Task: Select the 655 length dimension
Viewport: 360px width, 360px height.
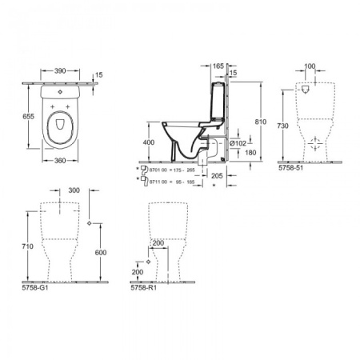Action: tap(27, 115)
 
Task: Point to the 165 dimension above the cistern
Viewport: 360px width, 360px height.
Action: tap(218, 66)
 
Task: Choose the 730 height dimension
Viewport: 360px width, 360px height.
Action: tap(282, 126)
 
